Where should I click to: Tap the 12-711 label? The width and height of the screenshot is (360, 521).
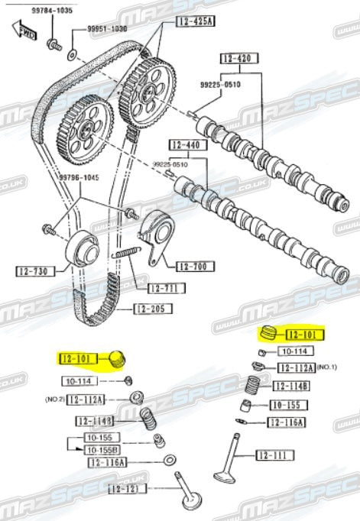click(164, 288)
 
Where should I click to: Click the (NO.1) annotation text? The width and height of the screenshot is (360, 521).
click(327, 367)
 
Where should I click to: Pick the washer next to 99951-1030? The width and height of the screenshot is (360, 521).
click(72, 54)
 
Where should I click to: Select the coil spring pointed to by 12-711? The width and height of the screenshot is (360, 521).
click(125, 253)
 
